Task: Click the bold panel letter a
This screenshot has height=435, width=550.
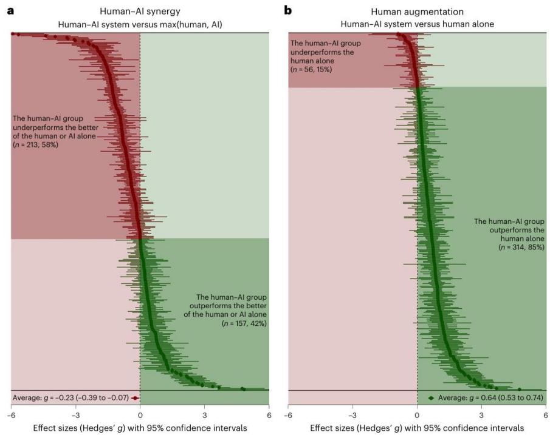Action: [x=10, y=11]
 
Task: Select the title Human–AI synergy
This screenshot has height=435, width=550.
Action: [x=140, y=12]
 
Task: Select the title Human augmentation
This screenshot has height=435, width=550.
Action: [x=417, y=12]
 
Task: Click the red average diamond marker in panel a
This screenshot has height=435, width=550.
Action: [x=135, y=398]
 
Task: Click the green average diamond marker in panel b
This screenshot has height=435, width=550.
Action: [x=431, y=398]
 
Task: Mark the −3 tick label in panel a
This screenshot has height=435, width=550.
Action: [x=75, y=416]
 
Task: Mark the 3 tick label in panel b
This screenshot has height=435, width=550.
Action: [x=481, y=416]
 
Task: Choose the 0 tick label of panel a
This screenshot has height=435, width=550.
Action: [x=140, y=416]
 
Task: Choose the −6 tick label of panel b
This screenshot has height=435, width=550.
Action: [x=288, y=416]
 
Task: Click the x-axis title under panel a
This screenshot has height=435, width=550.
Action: [x=140, y=428]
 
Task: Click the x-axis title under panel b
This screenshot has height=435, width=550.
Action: [x=417, y=428]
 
